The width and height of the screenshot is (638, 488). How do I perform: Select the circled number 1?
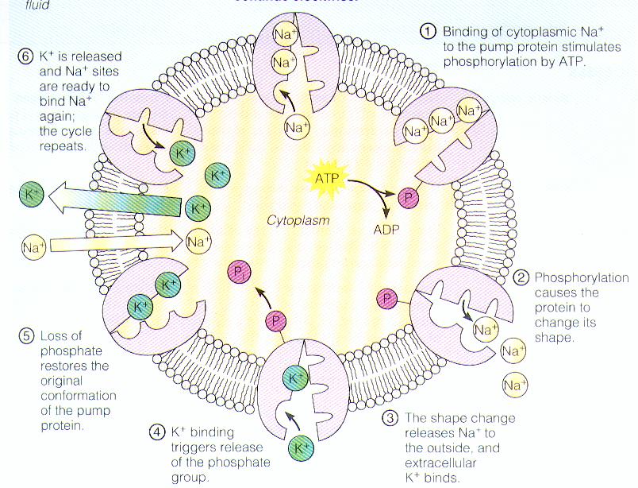click(428, 32)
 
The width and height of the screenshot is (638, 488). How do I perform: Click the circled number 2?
click(521, 278)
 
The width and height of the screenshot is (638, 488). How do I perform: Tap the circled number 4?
click(158, 432)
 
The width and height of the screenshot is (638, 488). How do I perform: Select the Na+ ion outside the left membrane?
click(33, 248)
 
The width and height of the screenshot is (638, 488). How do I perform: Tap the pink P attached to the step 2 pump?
click(387, 299)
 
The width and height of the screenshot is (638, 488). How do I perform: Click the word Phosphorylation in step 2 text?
click(581, 278)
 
